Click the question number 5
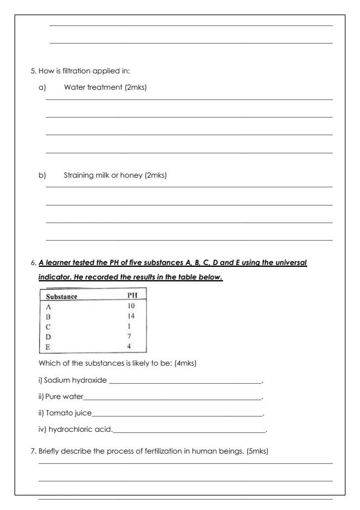pyautogui.click(x=33, y=70)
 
